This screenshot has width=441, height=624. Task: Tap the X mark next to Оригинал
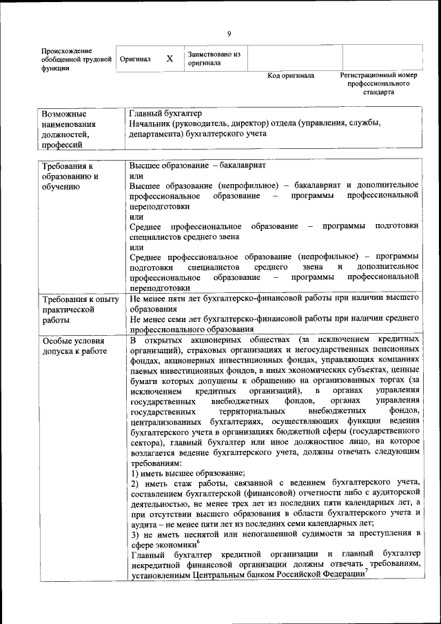point(170,59)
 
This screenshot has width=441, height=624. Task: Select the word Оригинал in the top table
point(135,60)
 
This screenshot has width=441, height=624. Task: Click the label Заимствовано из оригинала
point(214,59)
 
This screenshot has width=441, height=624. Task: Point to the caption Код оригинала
point(291,76)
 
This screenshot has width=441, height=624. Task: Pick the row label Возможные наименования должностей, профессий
point(69,129)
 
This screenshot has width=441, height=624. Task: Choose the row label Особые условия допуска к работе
point(74,346)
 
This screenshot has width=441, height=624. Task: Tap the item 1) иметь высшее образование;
point(187,474)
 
